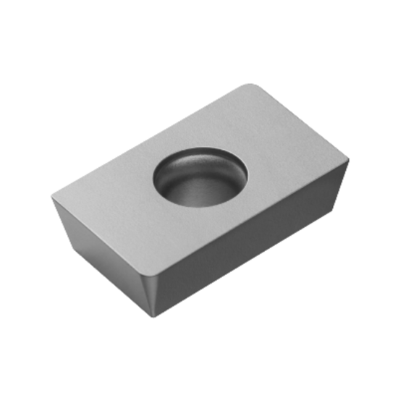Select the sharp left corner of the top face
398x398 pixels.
[52, 194]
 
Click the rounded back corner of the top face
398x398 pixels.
[250, 86]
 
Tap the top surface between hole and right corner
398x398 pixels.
[289, 166]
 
